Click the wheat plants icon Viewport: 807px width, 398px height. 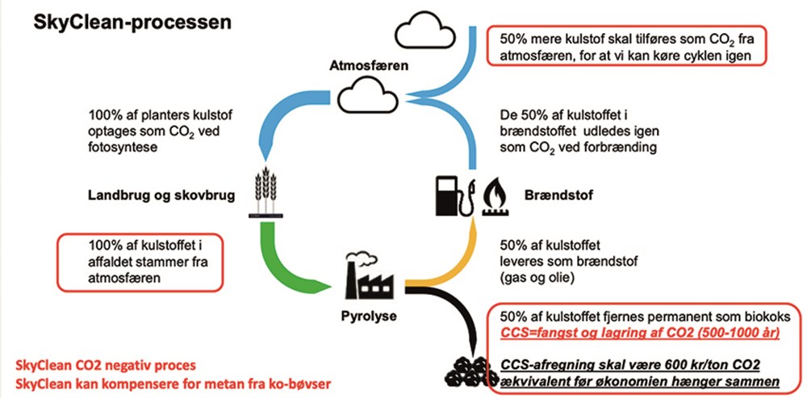click(x=263, y=193)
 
